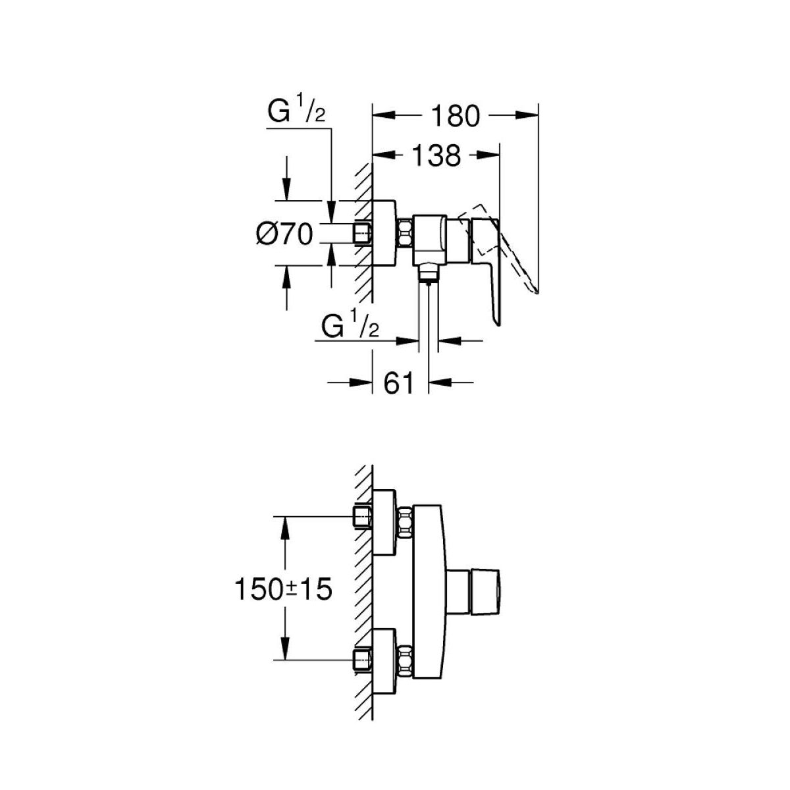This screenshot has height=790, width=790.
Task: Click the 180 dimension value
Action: pos(455,116)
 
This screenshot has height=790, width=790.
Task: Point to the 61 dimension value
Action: pos(400,382)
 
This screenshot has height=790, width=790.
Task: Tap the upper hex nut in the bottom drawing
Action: pos(405,522)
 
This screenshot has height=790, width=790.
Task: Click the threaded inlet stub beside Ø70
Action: pos(363,232)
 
